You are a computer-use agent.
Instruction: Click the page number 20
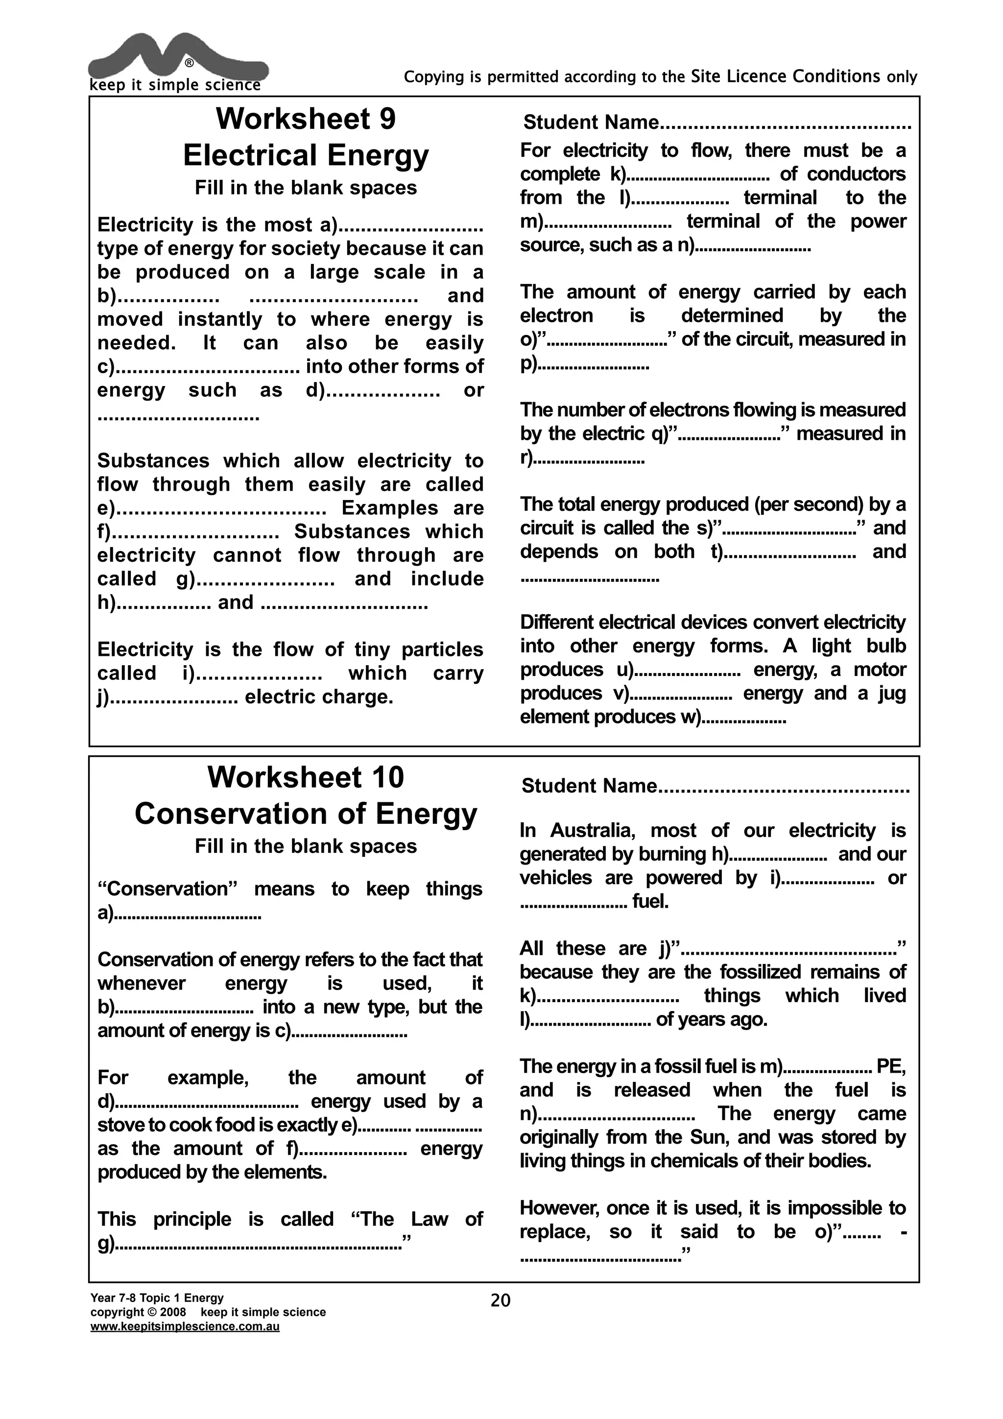coord(501,1301)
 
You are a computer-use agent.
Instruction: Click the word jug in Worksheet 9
coord(890,694)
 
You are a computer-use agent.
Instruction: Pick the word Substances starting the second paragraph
coord(153,461)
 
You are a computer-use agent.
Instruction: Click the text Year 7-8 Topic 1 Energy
coord(157,1298)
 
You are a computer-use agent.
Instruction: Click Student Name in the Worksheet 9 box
coord(591,122)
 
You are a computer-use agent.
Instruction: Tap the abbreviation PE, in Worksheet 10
coord(890,1066)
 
